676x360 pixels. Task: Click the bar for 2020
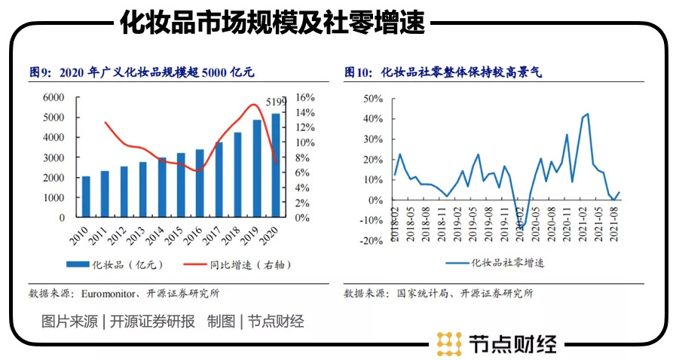click(x=275, y=166)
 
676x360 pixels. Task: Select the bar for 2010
click(x=86, y=197)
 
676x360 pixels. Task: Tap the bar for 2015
click(x=181, y=185)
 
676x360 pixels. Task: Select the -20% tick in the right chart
click(x=372, y=241)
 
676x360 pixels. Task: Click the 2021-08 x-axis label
click(x=615, y=227)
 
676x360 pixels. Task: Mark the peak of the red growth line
click(x=254, y=105)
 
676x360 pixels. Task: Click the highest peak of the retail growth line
click(x=587, y=114)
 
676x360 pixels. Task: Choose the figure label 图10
click(x=358, y=72)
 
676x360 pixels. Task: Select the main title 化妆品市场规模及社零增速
click(x=272, y=23)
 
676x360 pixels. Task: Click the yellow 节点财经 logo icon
click(x=449, y=343)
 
